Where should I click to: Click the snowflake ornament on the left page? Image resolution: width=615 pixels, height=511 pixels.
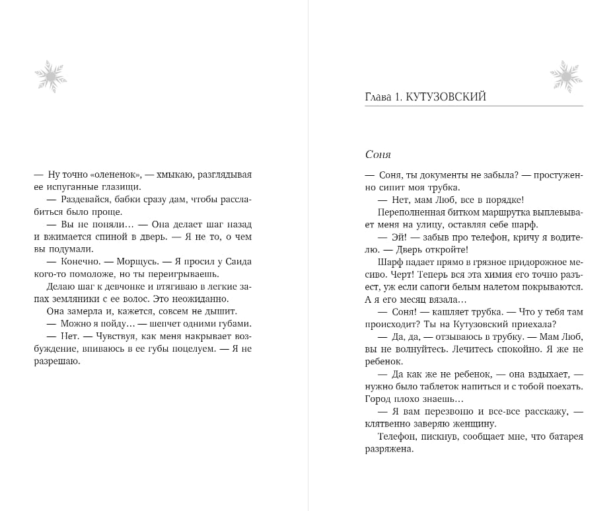pos(50,76)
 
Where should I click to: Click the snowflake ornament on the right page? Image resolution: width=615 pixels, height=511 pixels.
pos(565,76)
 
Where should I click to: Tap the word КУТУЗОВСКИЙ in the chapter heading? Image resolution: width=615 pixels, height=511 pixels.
pos(446,97)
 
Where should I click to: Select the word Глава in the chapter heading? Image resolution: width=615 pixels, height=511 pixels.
pos(378,97)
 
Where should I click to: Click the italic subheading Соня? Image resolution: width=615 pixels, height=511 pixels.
pos(378,155)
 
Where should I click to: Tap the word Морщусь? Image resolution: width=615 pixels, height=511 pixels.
pos(142,261)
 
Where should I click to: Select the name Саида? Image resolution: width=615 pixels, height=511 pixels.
pos(238,261)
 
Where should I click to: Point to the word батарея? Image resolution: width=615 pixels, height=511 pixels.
pos(565,436)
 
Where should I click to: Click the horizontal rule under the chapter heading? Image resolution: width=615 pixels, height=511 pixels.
pos(474,106)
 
